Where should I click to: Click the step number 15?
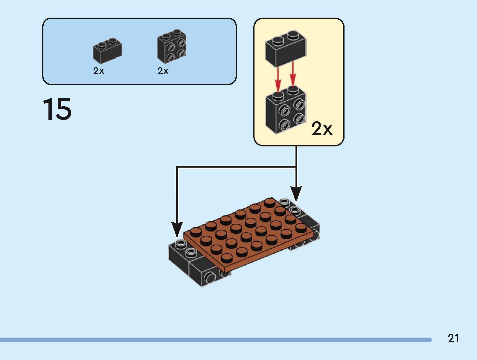57,109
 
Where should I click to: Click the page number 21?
453,338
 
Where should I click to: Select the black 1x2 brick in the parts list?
107,51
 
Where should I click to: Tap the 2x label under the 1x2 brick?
98,71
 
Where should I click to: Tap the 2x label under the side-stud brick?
163,71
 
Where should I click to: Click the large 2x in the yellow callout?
322,129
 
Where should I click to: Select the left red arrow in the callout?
278,79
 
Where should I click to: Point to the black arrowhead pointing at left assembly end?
177,230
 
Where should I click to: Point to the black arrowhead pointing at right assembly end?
296,194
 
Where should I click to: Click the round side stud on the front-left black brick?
210,278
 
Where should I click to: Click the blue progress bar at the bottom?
215,340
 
